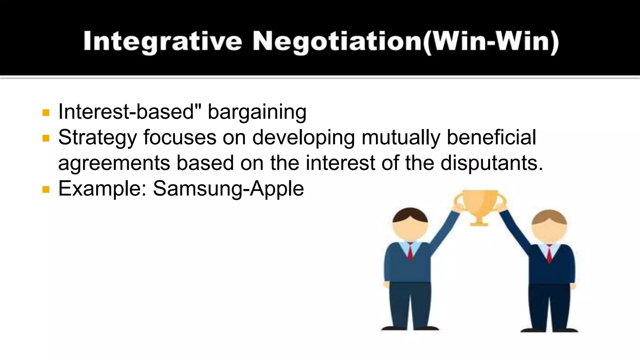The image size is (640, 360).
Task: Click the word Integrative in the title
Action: [162, 42]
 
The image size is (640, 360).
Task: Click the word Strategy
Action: [97, 137]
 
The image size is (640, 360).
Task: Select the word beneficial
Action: [491, 137]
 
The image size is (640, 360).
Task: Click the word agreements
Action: [114, 163]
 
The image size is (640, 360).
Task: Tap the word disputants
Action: [491, 163]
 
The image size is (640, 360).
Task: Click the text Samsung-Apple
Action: [228, 189]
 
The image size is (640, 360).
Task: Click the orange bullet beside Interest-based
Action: [46, 112]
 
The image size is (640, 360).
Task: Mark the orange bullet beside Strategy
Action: [46, 138]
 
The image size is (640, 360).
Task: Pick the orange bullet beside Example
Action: [46, 189]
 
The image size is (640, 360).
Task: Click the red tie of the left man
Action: [410, 252]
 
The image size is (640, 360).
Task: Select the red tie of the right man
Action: [549, 254]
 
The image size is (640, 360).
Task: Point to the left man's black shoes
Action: [410, 328]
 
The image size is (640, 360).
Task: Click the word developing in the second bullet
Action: [303, 137]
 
